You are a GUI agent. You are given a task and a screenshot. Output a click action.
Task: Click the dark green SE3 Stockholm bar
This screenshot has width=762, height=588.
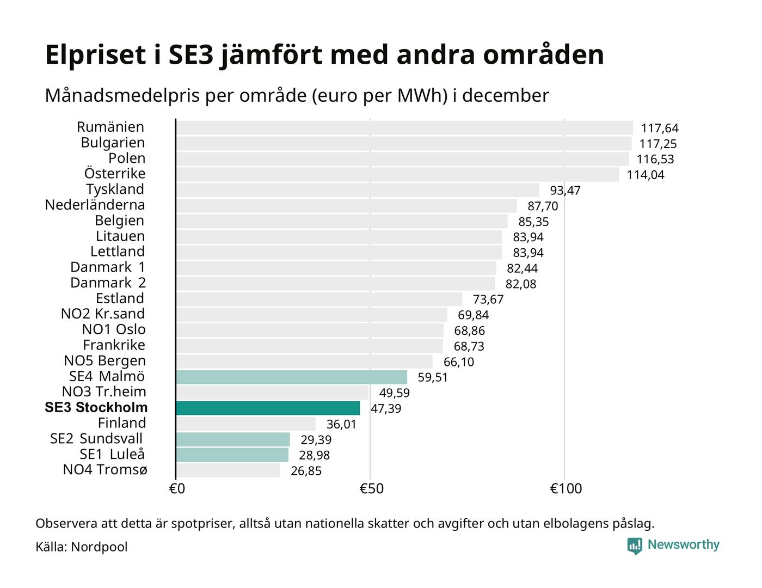(268, 408)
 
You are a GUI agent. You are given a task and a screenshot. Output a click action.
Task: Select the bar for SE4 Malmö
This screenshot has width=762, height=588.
(291, 377)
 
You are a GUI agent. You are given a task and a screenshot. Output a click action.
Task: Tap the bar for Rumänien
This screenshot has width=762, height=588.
(404, 128)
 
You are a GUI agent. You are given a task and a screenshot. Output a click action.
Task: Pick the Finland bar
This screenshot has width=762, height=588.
(245, 424)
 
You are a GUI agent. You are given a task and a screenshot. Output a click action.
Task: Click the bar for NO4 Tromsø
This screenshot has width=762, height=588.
(228, 470)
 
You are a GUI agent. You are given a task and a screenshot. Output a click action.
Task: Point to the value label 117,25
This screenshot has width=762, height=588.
(658, 144)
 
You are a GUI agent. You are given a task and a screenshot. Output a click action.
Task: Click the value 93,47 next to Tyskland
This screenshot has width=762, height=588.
(565, 191)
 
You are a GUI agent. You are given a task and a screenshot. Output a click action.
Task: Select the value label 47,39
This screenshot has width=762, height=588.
(386, 409)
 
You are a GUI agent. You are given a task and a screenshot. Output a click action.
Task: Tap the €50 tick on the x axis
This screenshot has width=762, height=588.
(371, 489)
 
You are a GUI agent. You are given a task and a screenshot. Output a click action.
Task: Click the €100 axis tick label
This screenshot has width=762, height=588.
(566, 489)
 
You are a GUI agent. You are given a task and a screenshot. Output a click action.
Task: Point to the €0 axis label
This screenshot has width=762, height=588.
(177, 489)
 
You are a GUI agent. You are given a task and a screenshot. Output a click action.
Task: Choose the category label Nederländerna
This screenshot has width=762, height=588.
(95, 205)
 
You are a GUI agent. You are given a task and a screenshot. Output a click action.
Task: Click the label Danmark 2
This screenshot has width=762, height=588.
(108, 283)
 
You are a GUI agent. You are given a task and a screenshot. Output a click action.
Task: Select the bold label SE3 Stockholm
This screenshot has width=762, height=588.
(96, 408)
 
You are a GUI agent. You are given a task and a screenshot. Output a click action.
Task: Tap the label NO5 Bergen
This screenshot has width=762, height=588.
(105, 361)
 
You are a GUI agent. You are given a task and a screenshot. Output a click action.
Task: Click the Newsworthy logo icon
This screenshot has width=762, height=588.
(635, 546)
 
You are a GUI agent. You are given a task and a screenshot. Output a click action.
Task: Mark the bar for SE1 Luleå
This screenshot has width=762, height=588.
(232, 455)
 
